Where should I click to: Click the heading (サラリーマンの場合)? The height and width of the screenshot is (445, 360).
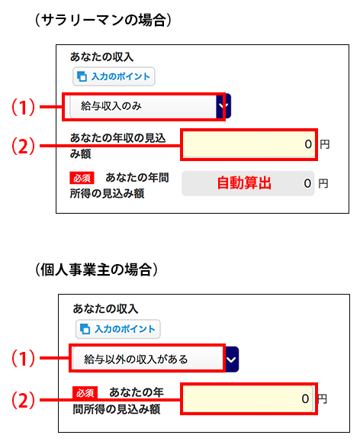pos(103,21)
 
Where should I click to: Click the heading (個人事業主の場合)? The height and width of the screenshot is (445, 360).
pos(96,269)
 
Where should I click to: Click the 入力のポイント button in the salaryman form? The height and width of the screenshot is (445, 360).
pos(114,76)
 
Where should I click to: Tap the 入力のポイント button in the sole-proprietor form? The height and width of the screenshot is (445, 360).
pos(118,329)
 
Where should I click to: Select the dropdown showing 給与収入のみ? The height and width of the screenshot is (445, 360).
pos(150,106)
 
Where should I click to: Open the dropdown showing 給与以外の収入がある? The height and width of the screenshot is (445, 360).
pos(155,360)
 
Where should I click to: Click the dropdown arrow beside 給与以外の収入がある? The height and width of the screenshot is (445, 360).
pos(232,360)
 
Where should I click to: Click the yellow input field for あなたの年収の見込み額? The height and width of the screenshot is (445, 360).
pos(249,144)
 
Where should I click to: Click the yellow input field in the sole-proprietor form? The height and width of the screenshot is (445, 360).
pos(248,398)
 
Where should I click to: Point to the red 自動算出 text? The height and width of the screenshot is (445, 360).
pos(244,183)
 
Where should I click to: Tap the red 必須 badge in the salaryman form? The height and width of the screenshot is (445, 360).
pos(82,178)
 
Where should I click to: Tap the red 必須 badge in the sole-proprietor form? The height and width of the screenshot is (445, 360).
pos(85,392)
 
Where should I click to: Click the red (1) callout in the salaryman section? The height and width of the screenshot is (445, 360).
pos(23,107)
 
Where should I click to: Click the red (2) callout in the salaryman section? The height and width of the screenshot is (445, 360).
pos(23,146)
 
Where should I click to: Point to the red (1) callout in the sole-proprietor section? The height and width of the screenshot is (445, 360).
pos(23,358)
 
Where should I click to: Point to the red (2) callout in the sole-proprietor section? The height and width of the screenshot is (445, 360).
pos(23,400)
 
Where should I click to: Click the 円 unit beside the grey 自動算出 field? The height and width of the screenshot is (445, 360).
pos(323,184)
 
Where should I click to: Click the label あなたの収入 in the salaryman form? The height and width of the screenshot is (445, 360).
pos(101,56)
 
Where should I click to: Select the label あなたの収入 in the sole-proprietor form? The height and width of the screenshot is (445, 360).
pos(105,309)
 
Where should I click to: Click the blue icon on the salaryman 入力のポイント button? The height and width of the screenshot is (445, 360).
pos(82,76)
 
